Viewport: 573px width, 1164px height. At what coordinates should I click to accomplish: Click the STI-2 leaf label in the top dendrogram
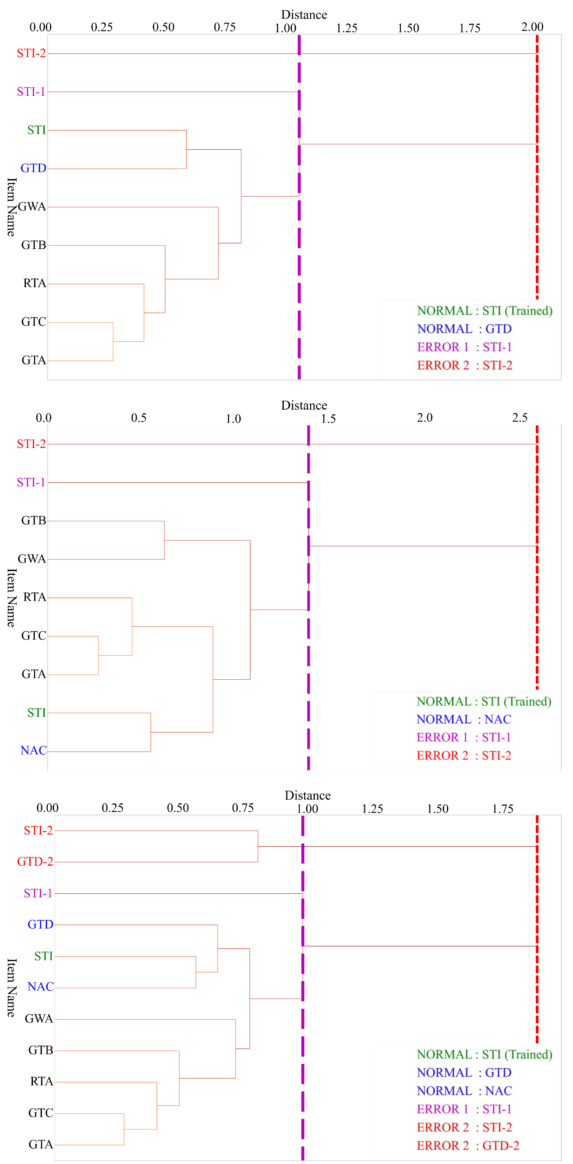(31, 53)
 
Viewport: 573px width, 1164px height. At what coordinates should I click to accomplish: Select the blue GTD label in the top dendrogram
(33, 168)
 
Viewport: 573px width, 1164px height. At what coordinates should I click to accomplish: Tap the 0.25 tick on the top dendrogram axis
(102, 27)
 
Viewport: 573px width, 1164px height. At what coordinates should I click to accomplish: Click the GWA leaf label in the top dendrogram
(32, 207)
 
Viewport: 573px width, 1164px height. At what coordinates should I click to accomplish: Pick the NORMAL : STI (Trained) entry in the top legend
(484, 311)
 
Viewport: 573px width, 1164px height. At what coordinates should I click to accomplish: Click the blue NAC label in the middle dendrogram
(33, 751)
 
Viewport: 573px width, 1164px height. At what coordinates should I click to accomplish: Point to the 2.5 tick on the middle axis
(520, 417)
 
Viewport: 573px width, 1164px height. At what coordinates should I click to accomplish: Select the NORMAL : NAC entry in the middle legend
(464, 719)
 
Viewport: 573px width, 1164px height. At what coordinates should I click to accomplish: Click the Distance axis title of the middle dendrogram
(304, 405)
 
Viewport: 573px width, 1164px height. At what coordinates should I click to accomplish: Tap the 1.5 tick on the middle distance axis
(328, 418)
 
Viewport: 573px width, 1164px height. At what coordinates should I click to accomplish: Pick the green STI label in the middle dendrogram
(37, 713)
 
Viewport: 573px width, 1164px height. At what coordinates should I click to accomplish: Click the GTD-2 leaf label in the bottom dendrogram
(35, 862)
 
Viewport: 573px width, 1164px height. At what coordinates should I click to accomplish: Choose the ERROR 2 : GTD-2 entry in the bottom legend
(468, 1146)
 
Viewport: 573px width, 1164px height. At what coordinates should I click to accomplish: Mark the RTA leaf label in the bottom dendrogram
(41, 1081)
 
